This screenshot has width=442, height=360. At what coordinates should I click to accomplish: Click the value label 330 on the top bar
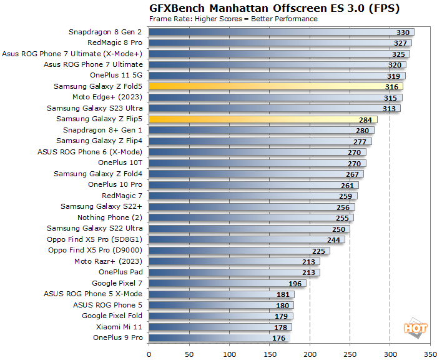pyautogui.click(x=403, y=32)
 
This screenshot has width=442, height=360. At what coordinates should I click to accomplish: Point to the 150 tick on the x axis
pyautogui.click(x=270, y=354)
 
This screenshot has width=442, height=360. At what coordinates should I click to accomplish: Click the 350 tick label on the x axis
pyautogui.click(x=430, y=354)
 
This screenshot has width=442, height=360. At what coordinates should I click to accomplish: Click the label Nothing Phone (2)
pyautogui.click(x=110, y=217)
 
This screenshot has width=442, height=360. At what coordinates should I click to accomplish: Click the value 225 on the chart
pyautogui.click(x=318, y=251)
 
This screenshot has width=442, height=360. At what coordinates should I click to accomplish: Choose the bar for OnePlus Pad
pyautogui.click(x=234, y=272)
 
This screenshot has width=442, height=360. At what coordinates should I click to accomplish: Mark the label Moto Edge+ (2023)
pyautogui.click(x=107, y=97)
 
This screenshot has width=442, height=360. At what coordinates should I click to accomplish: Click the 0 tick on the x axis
pyautogui.click(x=149, y=354)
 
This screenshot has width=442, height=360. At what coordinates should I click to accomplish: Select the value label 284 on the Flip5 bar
pyautogui.click(x=365, y=119)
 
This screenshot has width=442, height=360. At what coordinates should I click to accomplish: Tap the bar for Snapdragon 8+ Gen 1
pyautogui.click(x=262, y=130)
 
